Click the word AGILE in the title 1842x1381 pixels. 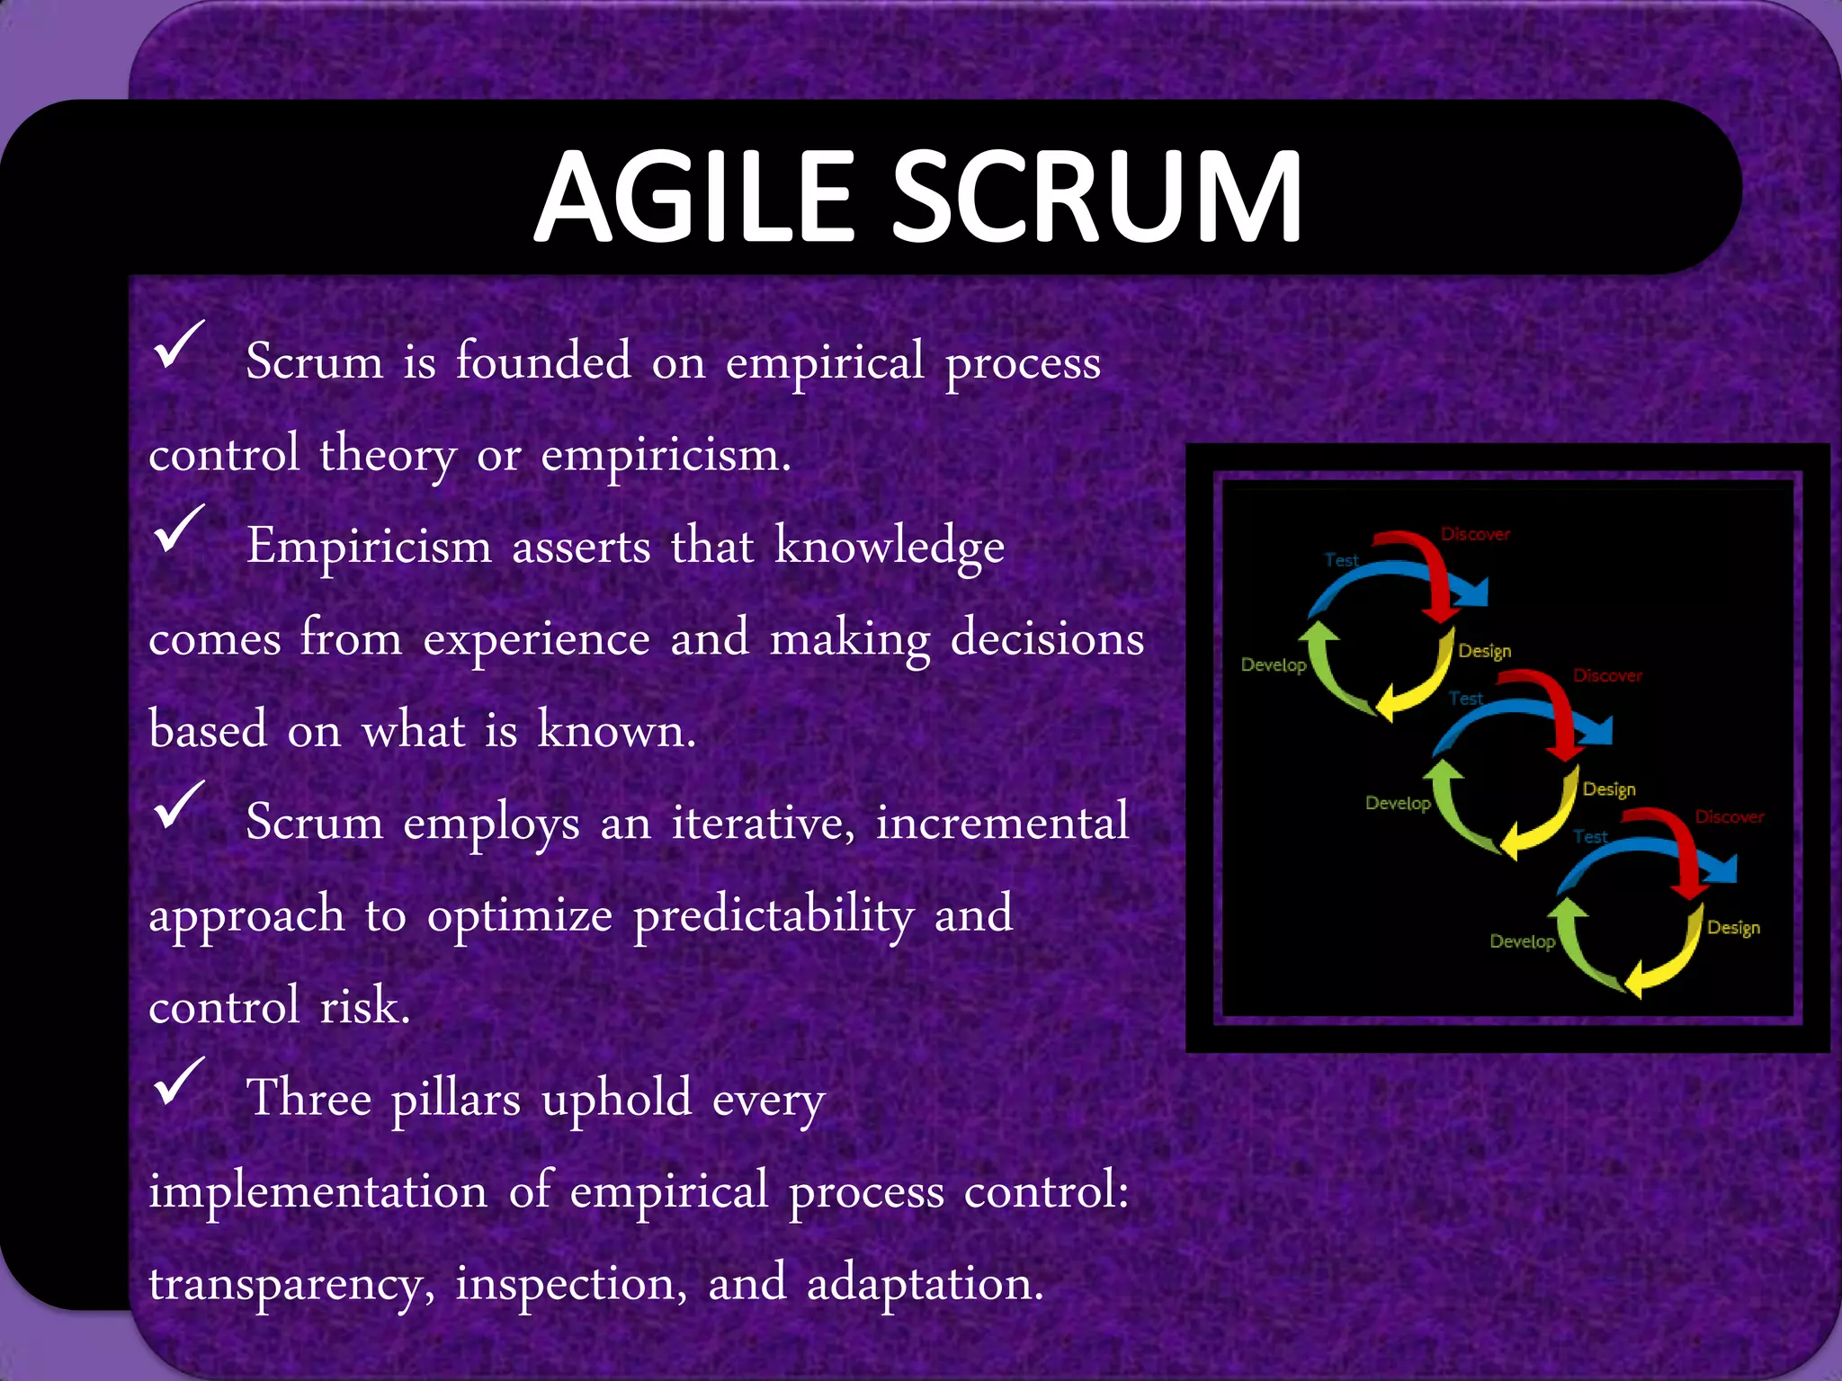tap(693, 197)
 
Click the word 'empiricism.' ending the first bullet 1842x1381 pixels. tap(666, 454)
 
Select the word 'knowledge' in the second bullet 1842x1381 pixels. tap(890, 547)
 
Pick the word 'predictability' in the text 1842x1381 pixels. tap(773, 915)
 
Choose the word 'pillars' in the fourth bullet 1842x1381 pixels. tap(456, 1099)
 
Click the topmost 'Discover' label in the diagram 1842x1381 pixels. tap(1475, 534)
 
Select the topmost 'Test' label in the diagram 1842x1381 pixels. tap(1341, 560)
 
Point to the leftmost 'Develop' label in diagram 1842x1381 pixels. tap(1273, 665)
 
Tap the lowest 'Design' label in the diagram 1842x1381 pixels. tap(1733, 927)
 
